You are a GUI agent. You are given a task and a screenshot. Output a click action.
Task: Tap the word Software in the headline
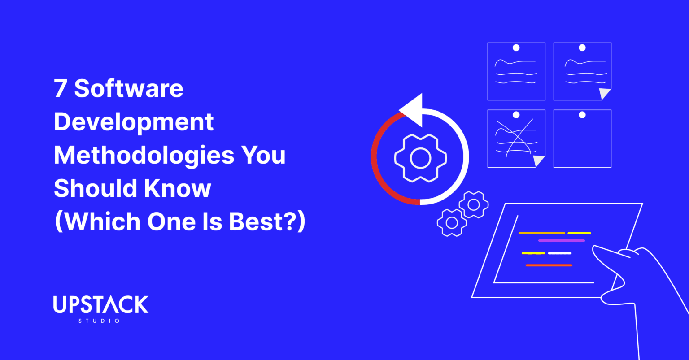pos(129,89)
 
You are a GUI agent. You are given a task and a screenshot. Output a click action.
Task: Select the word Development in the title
pos(134,122)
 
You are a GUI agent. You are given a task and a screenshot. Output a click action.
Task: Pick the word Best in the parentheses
pos(261,222)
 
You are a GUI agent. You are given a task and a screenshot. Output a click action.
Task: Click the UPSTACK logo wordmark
pos(100,305)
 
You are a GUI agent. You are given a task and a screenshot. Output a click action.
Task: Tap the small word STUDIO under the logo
pos(99,321)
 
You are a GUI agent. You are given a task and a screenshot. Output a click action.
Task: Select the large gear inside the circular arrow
pos(420,157)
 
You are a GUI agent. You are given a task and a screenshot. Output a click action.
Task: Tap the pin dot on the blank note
pos(582,115)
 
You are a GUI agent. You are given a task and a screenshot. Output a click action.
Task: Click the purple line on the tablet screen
pos(561,241)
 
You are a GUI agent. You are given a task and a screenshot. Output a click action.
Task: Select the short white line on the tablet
pos(559,253)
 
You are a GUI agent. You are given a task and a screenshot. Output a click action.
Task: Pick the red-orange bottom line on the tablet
pos(549,265)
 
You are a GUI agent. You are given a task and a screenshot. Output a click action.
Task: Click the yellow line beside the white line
pos(533,253)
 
